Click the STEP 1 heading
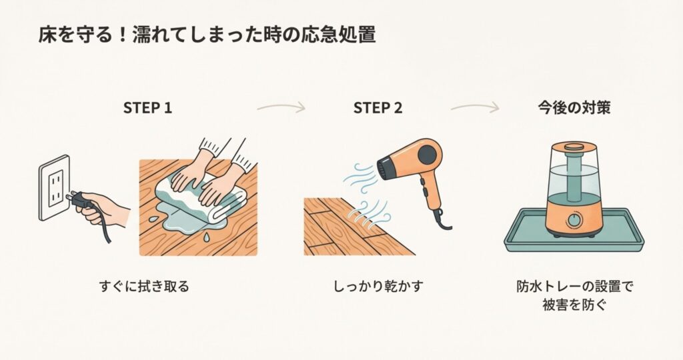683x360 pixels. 147,108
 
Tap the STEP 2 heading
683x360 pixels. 378,108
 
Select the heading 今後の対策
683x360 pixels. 574,108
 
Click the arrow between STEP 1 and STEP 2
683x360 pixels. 281,107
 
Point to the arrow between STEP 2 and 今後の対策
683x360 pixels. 475,107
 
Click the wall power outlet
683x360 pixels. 55,187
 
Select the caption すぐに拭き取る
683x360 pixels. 144,287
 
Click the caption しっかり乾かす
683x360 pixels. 378,287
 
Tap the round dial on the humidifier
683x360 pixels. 574,219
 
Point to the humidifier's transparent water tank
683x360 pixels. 574,174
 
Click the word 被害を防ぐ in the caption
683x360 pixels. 574,305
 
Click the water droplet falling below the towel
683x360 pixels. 207,237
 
